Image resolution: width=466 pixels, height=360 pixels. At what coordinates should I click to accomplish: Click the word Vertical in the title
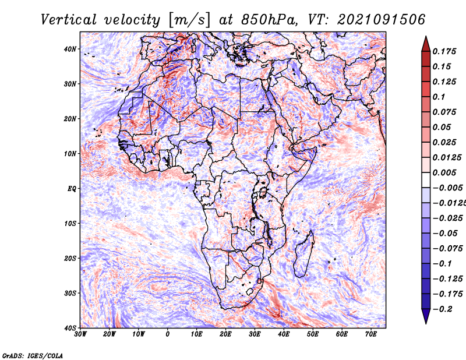(69, 20)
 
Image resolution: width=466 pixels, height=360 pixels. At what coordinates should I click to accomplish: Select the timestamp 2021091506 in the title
(381, 20)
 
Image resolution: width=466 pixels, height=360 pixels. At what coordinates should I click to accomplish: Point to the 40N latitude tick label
(70, 49)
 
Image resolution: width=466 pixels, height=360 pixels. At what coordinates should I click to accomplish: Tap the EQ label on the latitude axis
(72, 189)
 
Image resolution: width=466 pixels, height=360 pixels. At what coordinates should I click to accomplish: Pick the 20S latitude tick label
(70, 258)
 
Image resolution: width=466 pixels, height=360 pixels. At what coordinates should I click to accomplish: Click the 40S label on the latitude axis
(70, 328)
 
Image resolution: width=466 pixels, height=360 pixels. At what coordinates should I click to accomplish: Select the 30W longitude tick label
(80, 334)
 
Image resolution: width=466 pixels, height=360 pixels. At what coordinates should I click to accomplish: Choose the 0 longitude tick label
(168, 334)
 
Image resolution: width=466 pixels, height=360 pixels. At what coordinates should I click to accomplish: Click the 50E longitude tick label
(313, 334)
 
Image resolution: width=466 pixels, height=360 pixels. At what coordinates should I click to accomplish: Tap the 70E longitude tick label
(371, 334)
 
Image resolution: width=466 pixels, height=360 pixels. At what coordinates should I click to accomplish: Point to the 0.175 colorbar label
(444, 51)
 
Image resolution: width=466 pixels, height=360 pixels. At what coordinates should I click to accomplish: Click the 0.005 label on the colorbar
(444, 172)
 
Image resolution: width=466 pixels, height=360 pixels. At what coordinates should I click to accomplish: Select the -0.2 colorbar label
(443, 309)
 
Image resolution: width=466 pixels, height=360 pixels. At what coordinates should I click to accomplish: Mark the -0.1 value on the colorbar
(443, 264)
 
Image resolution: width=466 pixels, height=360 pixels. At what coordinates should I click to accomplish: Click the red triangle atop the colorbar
(426, 44)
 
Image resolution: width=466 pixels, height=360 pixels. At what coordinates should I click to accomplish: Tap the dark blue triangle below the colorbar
(426, 316)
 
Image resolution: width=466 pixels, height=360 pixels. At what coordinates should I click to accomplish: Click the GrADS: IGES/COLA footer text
(33, 355)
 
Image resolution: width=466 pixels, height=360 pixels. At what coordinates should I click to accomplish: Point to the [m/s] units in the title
(189, 20)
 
